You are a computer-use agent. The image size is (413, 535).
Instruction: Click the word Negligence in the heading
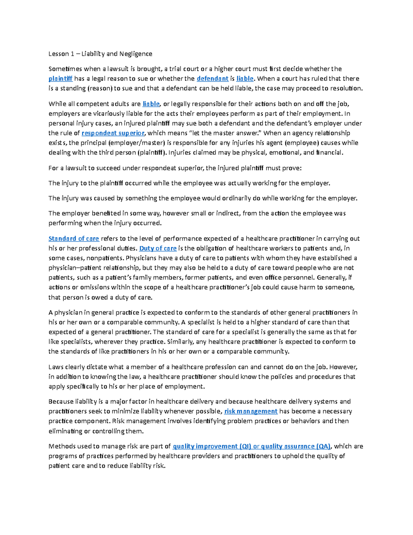136,54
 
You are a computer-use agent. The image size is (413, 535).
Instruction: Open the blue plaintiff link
61,79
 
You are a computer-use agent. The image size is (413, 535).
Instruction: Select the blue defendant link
212,79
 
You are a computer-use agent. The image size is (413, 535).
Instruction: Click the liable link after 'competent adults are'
151,104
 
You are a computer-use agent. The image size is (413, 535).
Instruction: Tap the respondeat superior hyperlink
113,133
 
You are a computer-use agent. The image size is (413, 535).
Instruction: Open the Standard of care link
74,238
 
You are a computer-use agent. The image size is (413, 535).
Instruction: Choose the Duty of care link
158,248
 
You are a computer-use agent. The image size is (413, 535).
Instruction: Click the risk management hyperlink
251,411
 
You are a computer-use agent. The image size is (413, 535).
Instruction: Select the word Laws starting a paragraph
56,367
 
